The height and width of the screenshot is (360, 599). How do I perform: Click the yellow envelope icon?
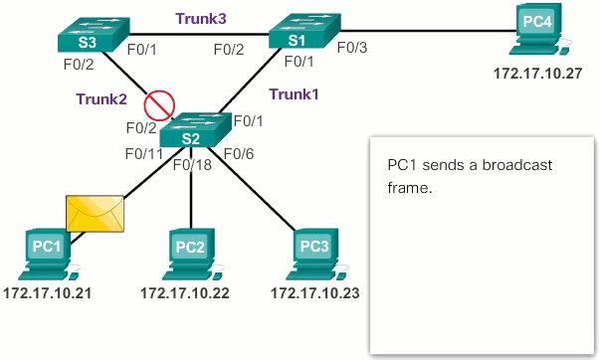click(95, 211)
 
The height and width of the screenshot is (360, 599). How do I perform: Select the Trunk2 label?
click(101, 98)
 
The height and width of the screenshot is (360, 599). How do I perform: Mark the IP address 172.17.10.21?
click(46, 294)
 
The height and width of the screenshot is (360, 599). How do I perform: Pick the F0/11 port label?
click(143, 153)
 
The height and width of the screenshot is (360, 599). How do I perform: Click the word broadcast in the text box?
click(509, 164)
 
